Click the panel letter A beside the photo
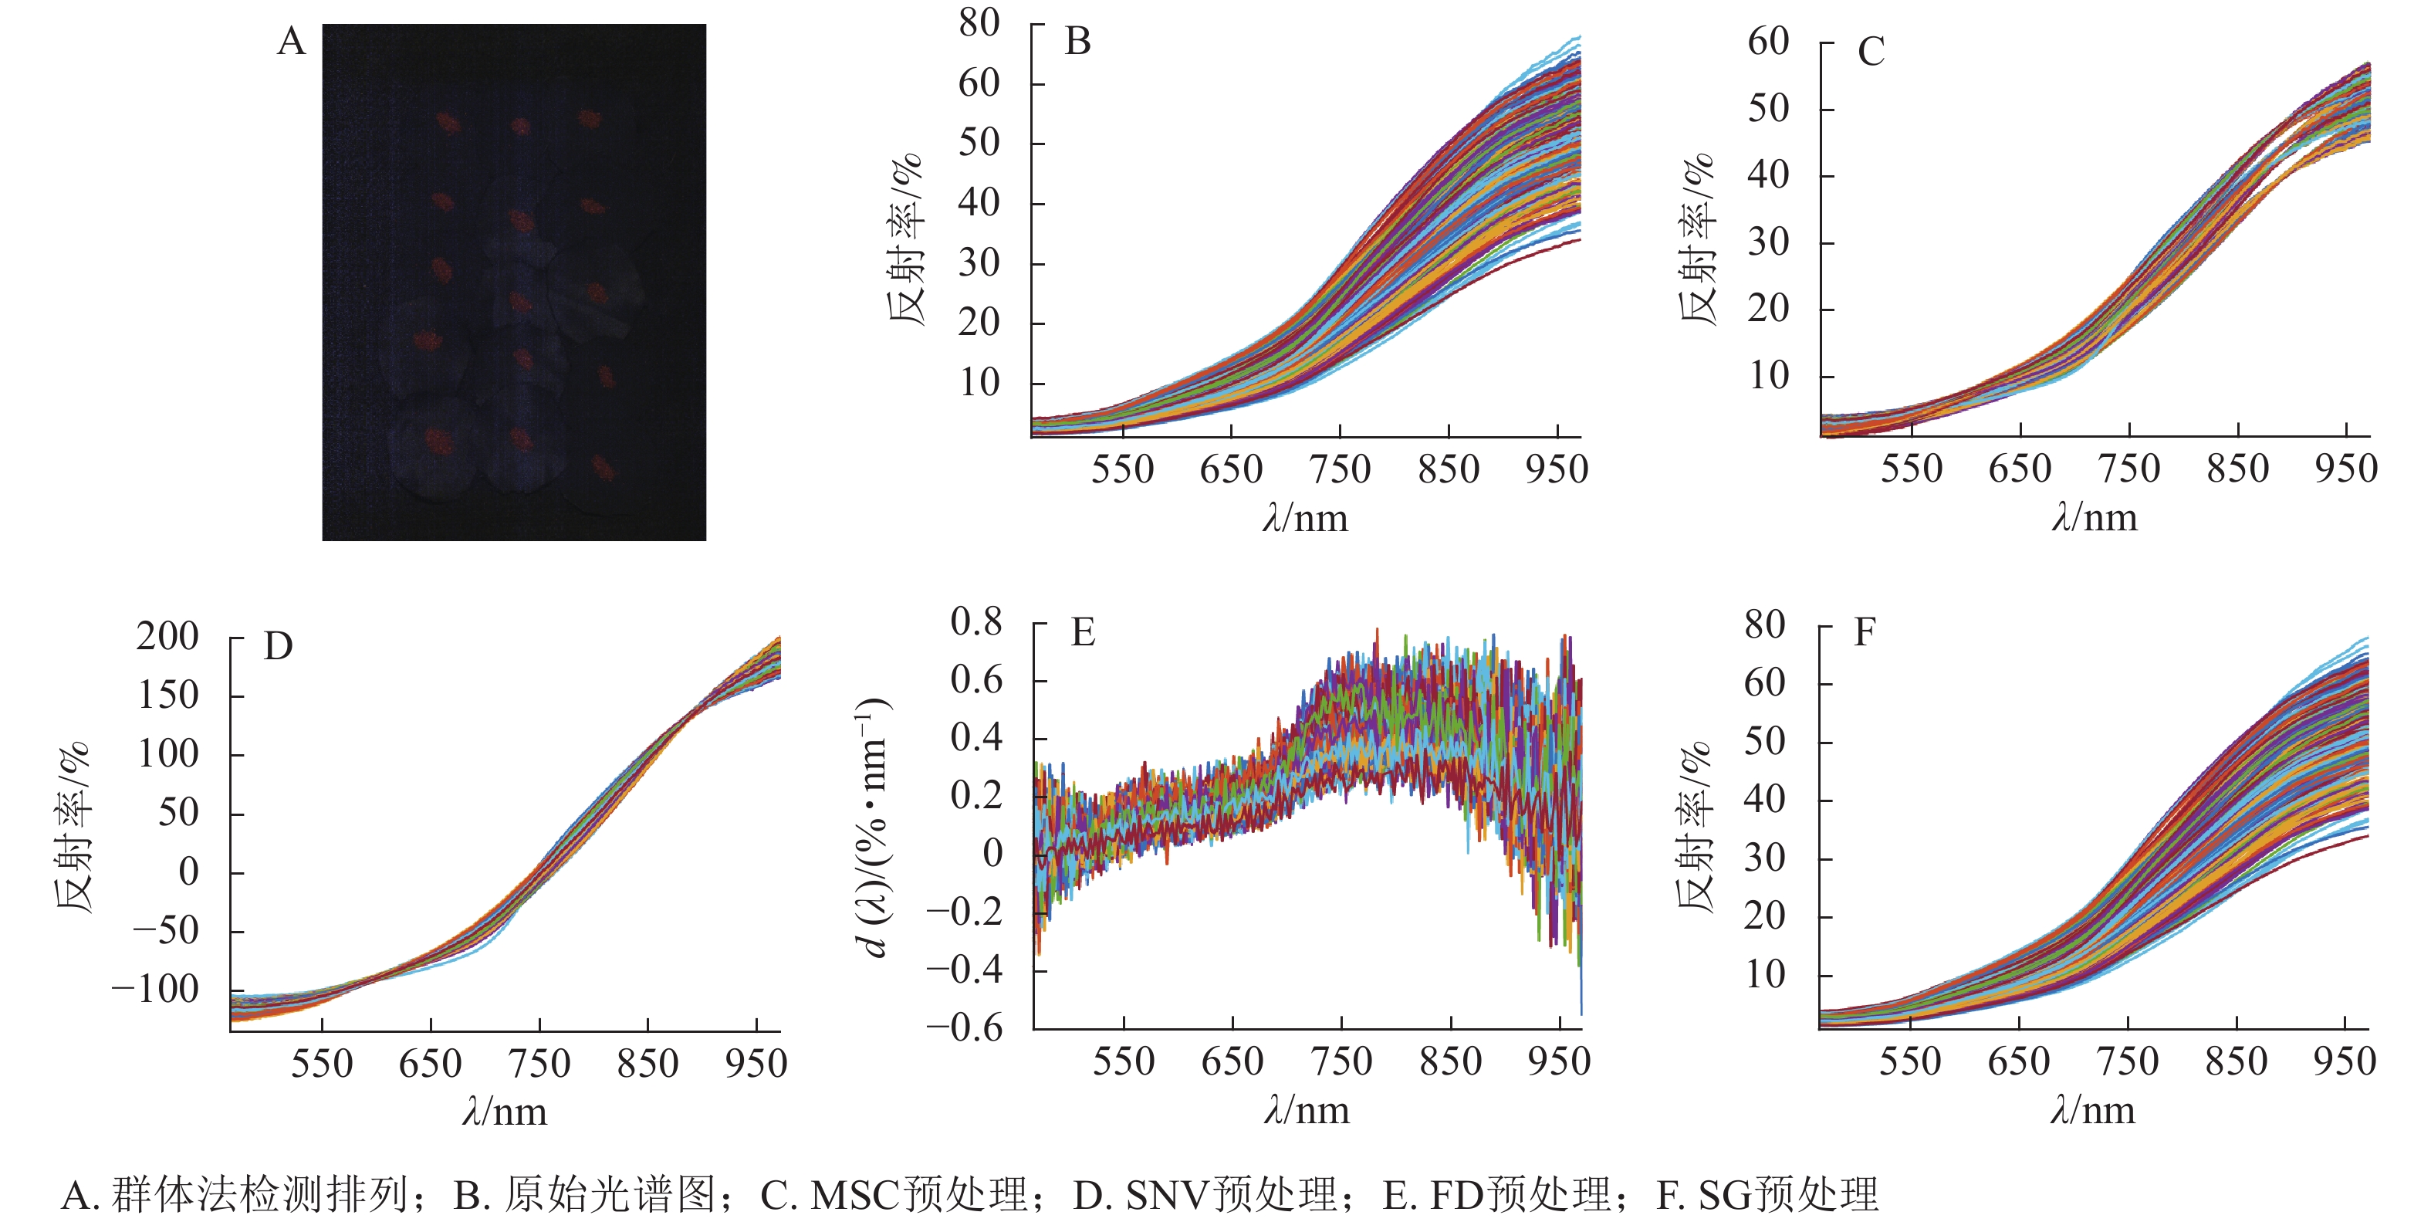click(292, 42)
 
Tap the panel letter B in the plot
click(1077, 42)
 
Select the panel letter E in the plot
click(1083, 632)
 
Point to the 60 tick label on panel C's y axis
click(1767, 42)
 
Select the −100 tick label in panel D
click(156, 990)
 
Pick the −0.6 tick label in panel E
click(965, 1027)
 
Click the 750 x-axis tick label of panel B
click(1339, 469)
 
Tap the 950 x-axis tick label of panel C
click(2345, 469)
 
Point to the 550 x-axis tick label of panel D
click(322, 1064)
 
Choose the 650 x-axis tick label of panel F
click(2019, 1061)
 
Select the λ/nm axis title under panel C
click(2094, 518)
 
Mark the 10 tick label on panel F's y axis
click(1765, 975)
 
